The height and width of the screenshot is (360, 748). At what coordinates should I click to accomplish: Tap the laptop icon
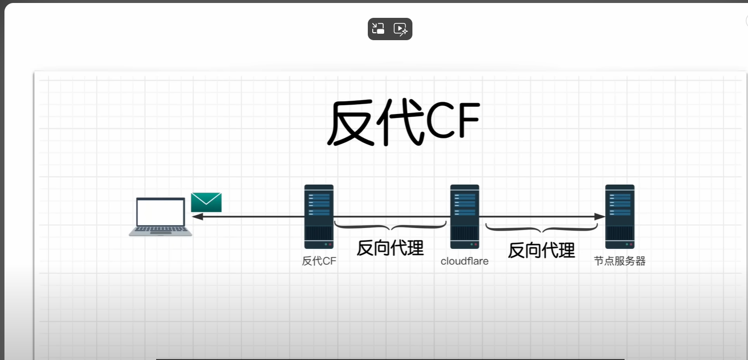tap(161, 217)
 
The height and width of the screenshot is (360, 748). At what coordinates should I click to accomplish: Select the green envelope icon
tap(206, 202)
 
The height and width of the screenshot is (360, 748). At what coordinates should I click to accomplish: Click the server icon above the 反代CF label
tap(319, 217)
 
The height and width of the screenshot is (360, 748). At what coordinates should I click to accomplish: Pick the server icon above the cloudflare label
tap(464, 217)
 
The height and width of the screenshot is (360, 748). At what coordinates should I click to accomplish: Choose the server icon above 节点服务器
tap(620, 217)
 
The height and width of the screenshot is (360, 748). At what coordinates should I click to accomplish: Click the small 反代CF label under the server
tap(319, 261)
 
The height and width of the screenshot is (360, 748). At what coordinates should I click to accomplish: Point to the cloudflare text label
tap(464, 261)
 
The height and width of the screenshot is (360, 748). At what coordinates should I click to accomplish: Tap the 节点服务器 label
tap(620, 261)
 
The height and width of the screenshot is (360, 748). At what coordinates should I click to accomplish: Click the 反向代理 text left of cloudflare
tap(390, 248)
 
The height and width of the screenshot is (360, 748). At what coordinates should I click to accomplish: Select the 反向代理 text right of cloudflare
tap(541, 250)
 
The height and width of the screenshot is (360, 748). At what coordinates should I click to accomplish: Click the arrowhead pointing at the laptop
tap(197, 217)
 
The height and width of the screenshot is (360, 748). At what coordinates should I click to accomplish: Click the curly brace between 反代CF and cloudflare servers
tap(390, 227)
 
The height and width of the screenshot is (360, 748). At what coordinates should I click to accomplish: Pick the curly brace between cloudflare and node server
tap(541, 229)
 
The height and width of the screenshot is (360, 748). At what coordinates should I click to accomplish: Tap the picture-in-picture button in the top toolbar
tap(379, 29)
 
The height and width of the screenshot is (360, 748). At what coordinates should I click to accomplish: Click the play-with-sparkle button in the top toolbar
tap(401, 29)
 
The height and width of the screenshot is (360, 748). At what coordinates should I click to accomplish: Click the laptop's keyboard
tap(161, 230)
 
